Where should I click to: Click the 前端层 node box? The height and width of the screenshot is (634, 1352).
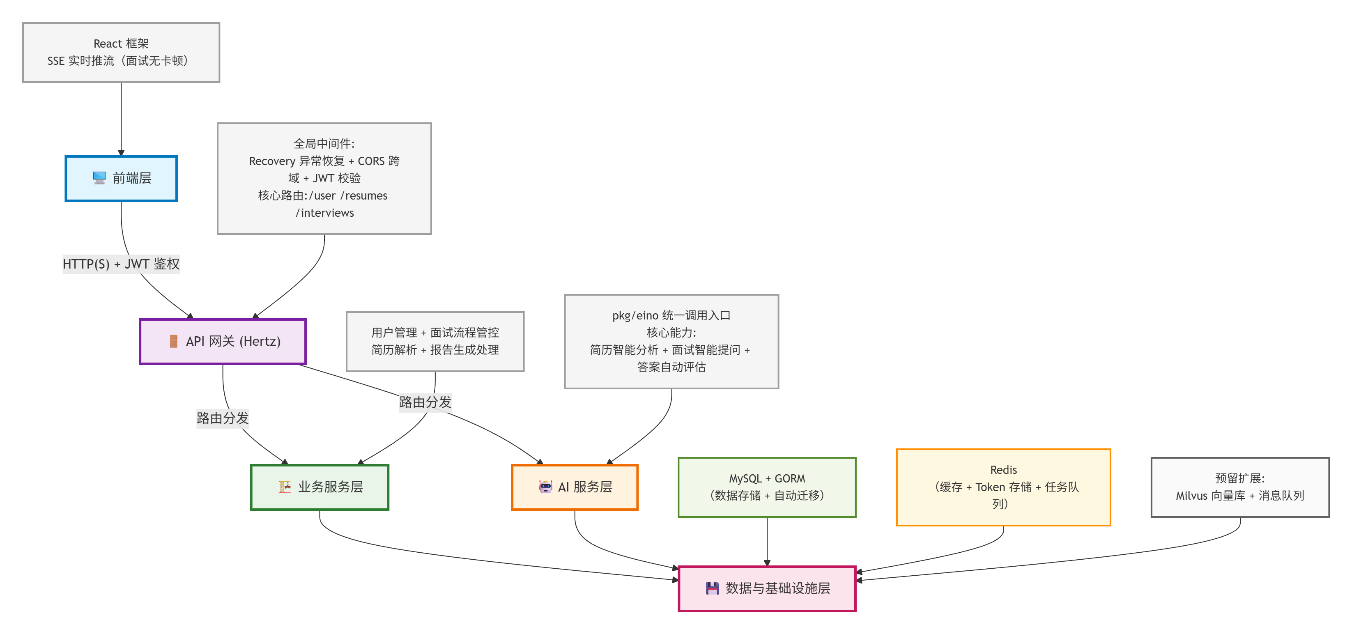coord(121,179)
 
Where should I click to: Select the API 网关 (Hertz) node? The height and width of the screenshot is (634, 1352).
coord(223,342)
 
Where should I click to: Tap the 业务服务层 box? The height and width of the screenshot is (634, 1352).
coord(320,487)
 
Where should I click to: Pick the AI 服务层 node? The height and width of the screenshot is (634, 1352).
coord(575,487)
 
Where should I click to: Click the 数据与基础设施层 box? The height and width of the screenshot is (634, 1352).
coord(767,588)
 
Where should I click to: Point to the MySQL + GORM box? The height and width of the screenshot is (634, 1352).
coord(767,487)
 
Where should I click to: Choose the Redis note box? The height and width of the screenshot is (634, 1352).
coord(1003,487)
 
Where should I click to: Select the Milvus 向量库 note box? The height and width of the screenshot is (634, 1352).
coord(1240,487)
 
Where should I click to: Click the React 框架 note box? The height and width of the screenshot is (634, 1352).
coord(121,52)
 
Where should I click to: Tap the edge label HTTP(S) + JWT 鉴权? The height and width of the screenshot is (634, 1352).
coord(121,264)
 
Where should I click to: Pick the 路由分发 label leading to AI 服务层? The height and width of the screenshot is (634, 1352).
coord(425,402)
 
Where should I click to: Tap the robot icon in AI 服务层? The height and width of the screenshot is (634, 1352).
coord(545,487)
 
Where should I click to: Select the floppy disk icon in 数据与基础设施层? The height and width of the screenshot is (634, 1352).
coord(712,588)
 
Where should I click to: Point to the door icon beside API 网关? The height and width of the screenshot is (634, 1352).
coord(173,342)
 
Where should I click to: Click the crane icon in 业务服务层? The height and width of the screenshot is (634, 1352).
coord(285,487)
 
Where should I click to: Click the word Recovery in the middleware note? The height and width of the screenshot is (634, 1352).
coord(271,161)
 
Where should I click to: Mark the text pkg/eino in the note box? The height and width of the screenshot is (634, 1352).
coord(635,315)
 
